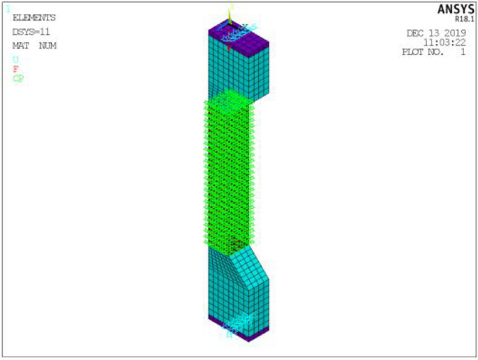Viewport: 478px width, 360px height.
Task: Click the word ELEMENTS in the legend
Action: click(34, 18)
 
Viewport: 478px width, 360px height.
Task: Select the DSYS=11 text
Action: click(31, 32)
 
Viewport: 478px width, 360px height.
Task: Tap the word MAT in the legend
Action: click(20, 46)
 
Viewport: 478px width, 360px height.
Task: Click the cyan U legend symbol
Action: click(15, 59)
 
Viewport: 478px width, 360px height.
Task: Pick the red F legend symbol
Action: click(15, 69)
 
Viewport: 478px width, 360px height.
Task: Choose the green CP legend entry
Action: click(18, 79)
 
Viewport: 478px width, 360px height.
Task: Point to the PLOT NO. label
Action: click(422, 52)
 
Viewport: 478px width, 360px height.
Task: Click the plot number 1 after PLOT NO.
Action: click(463, 52)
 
